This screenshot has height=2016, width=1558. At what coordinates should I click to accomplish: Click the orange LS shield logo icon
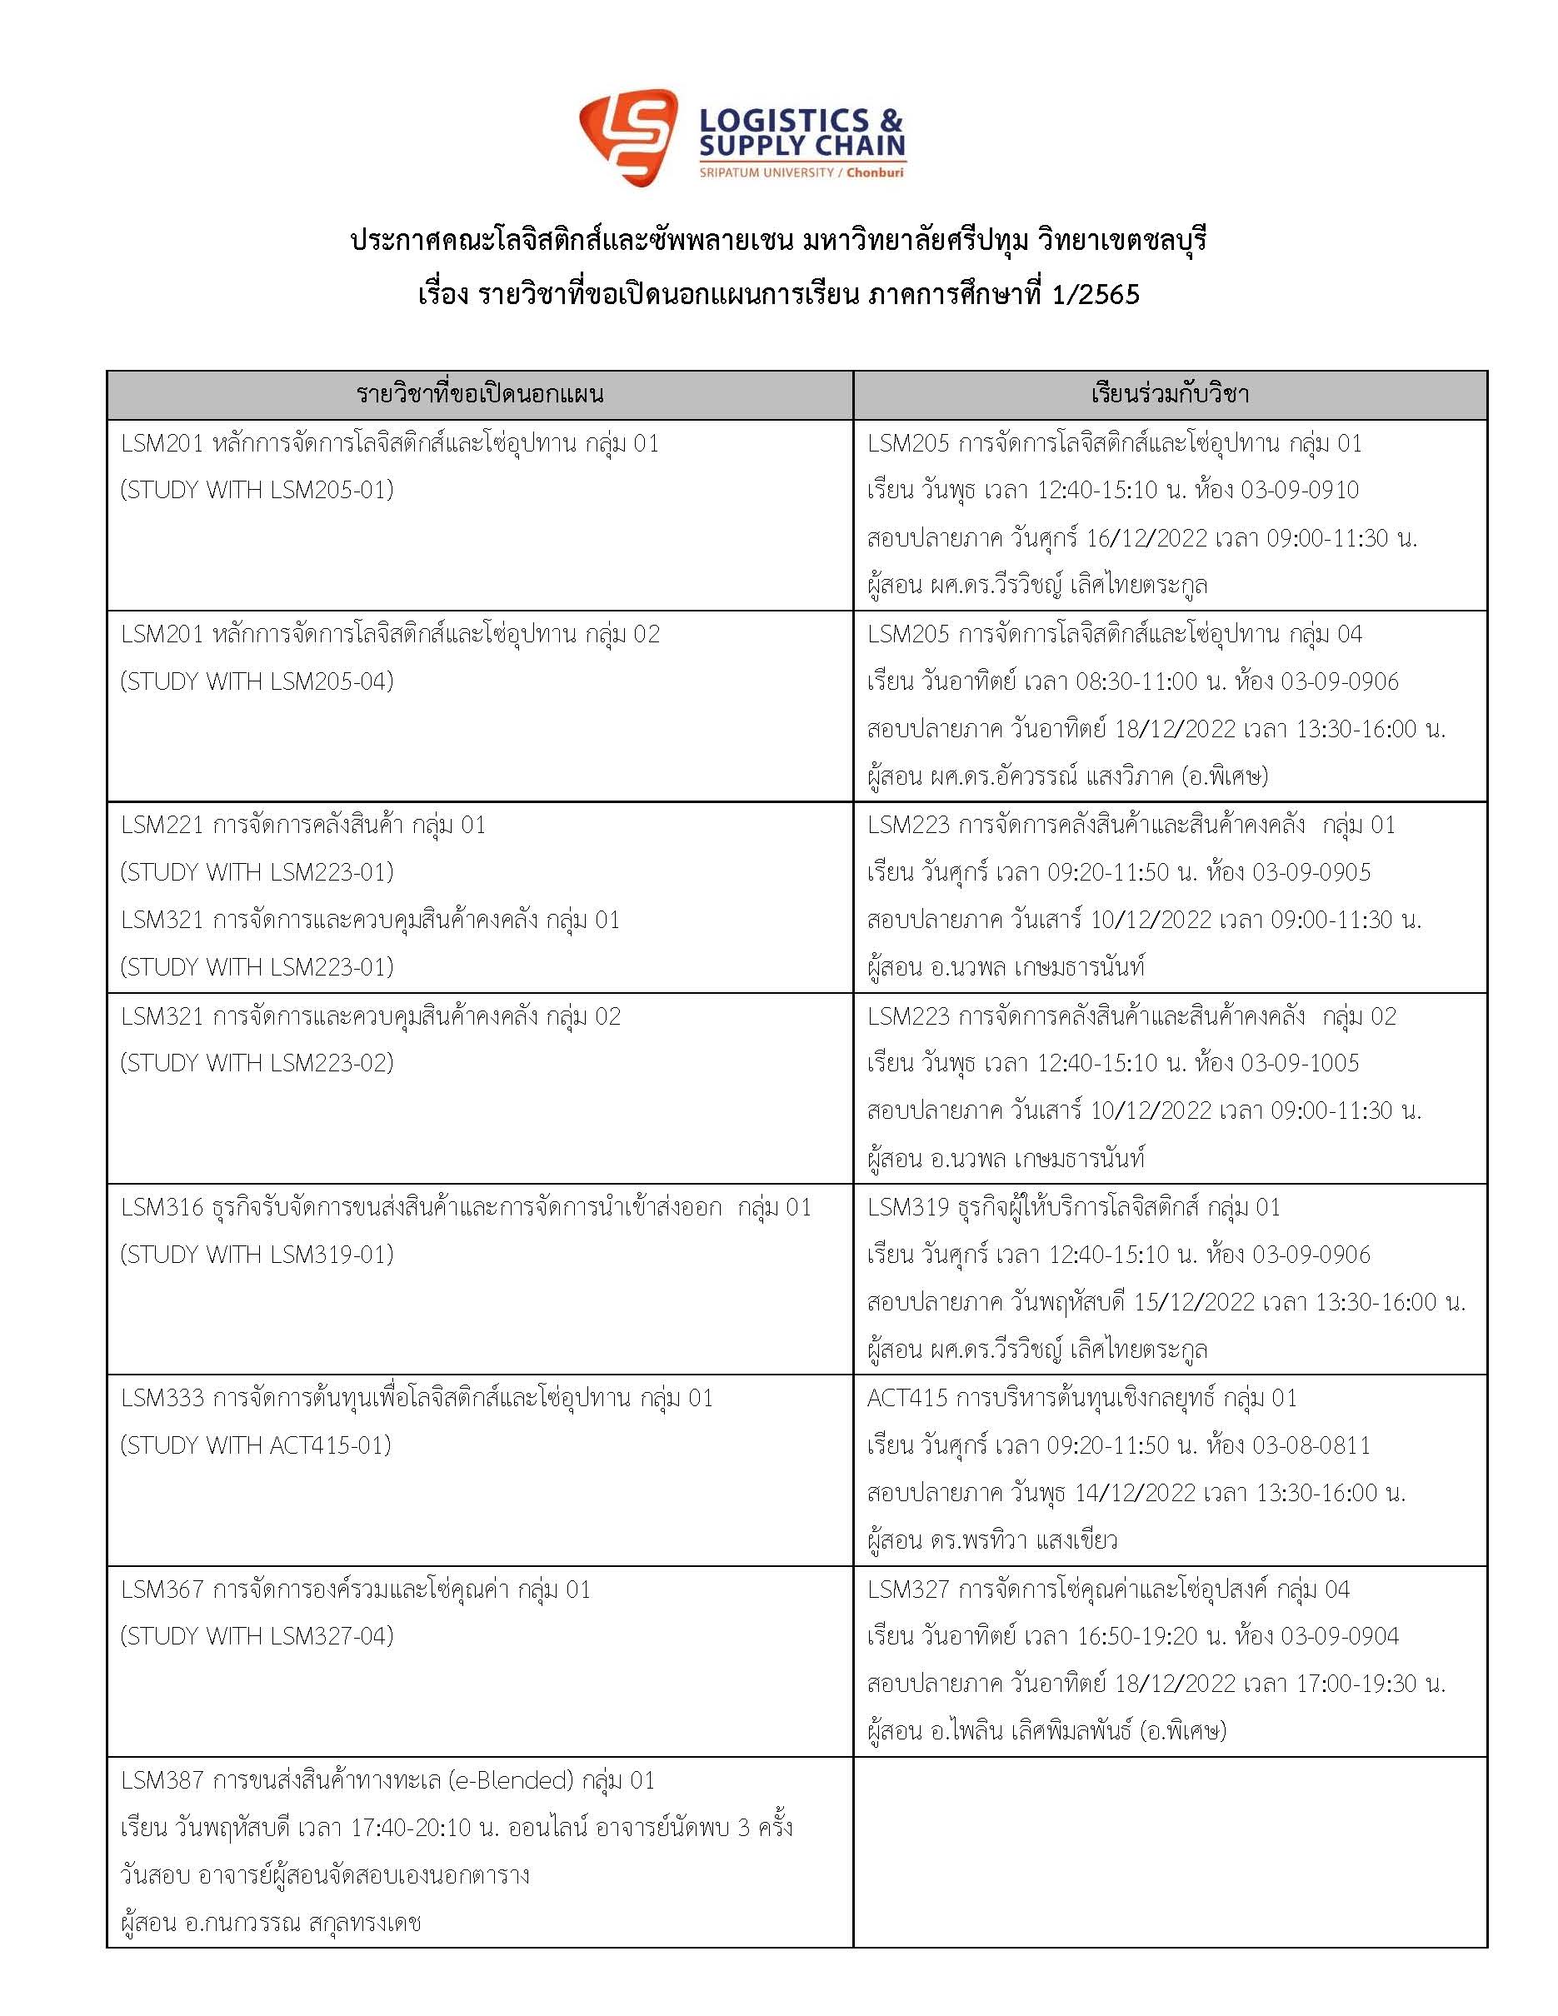[627, 136]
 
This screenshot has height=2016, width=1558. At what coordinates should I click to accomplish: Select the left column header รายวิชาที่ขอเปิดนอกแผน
[479, 395]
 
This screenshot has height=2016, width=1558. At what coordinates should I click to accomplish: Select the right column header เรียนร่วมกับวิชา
[1170, 395]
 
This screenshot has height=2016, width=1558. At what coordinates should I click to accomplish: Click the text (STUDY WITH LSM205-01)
[257, 490]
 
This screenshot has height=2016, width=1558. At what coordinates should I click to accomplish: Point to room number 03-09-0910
[1299, 490]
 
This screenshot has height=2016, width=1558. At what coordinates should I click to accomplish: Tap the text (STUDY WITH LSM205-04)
[257, 681]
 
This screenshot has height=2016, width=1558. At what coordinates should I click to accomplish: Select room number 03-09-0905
[1311, 872]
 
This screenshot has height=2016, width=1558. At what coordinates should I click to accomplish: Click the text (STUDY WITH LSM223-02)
[257, 1063]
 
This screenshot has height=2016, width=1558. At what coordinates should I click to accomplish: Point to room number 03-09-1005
[1299, 1063]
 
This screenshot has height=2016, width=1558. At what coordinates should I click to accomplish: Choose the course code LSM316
[162, 1207]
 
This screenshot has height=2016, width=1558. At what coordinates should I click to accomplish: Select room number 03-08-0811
[1311, 1445]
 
